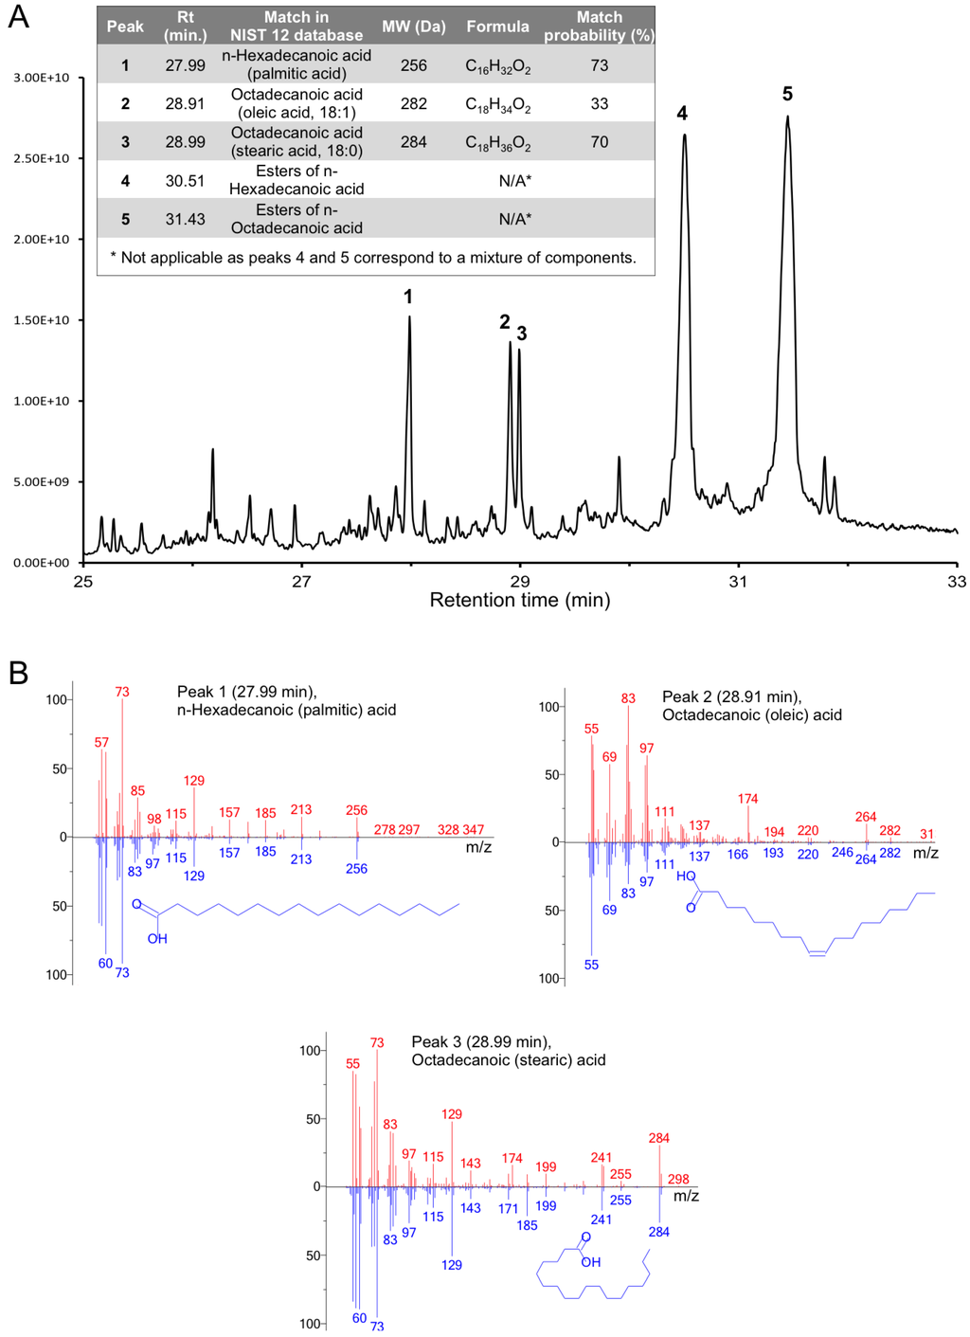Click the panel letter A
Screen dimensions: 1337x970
click(18, 17)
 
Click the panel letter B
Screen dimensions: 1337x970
click(18, 673)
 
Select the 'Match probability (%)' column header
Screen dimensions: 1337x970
click(599, 27)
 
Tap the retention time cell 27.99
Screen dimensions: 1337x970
click(185, 65)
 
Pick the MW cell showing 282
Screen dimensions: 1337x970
click(413, 103)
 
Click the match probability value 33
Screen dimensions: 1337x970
click(599, 103)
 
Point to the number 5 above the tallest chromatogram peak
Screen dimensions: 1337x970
click(787, 94)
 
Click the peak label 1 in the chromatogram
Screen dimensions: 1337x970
click(408, 297)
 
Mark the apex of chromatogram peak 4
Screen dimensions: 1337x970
click(684, 136)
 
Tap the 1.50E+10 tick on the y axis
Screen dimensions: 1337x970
click(42, 320)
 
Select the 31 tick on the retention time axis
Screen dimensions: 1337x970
click(738, 581)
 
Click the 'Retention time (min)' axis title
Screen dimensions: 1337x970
click(520, 600)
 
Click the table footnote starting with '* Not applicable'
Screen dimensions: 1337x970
click(374, 257)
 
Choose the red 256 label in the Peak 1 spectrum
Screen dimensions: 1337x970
click(356, 810)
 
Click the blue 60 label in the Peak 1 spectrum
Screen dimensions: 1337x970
click(105, 963)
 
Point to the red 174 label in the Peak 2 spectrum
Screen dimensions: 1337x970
click(748, 799)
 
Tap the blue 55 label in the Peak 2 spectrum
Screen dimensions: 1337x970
click(591, 965)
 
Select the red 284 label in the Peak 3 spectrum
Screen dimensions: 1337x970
click(658, 1138)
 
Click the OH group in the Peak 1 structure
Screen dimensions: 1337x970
click(157, 938)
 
